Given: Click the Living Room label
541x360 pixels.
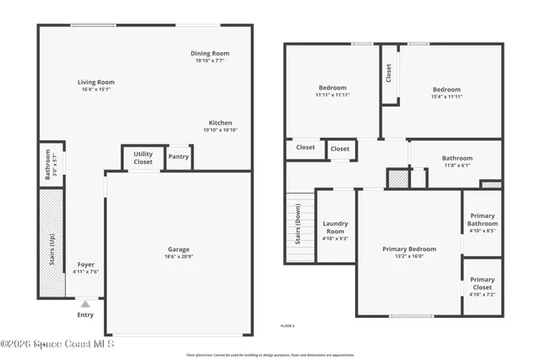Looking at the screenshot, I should (x=97, y=82).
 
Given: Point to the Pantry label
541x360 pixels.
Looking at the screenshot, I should (x=178, y=156).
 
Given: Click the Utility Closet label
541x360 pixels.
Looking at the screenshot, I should (x=143, y=158).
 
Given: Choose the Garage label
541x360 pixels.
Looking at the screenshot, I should (x=178, y=249).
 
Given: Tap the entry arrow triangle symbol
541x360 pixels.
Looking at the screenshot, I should (x=85, y=302).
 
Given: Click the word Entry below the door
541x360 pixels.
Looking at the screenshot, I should (x=85, y=315).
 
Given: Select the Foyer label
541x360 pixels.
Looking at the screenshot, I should (x=86, y=265).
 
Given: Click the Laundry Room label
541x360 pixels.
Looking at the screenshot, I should (x=335, y=227).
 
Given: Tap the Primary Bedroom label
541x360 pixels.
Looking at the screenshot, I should (x=409, y=249).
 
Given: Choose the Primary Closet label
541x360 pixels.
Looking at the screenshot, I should (x=482, y=284).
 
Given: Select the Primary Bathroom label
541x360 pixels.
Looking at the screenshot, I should (x=482, y=221).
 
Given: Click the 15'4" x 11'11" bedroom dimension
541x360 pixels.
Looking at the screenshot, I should (x=446, y=96).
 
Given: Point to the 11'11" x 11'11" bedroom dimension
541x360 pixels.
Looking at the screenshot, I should (x=332, y=95).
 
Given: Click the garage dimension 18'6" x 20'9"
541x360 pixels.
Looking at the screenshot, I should (x=178, y=256).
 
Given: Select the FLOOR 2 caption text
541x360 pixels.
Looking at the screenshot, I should (x=287, y=325).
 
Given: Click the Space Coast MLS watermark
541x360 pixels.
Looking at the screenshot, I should (x=57, y=344).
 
